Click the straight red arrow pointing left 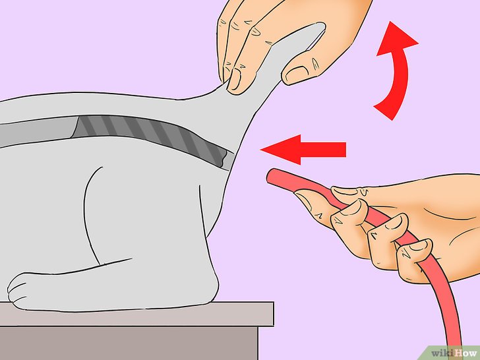coord(303,150)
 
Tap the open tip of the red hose coord(271,176)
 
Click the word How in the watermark coord(464,353)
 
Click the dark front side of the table coord(129,344)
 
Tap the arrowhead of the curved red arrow coord(396,38)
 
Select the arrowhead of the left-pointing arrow coord(281,150)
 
